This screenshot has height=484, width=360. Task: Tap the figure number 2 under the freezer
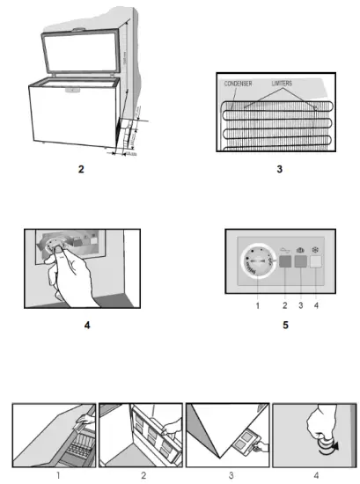[80, 168]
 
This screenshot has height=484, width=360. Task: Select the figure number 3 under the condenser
[279, 168]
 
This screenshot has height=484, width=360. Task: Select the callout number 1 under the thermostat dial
[256, 305]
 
